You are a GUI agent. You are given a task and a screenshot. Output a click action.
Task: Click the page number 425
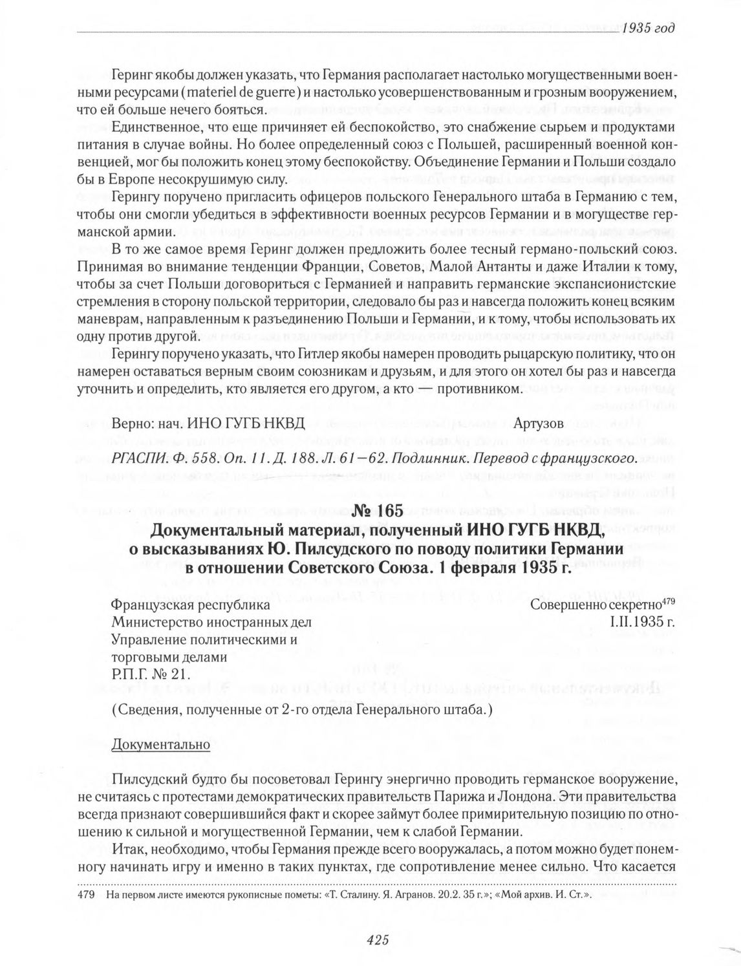point(376,940)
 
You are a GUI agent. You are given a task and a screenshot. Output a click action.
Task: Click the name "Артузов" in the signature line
point(539,424)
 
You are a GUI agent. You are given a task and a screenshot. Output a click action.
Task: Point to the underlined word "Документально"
point(161,744)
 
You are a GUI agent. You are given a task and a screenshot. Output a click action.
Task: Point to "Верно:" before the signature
point(129,424)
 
